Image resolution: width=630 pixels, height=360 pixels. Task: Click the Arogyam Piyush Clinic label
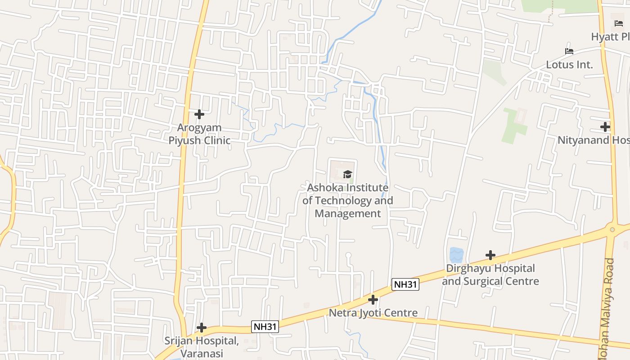pyautogui.click(x=199, y=134)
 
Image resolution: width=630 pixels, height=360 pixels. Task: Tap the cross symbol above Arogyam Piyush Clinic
pyautogui.click(x=199, y=114)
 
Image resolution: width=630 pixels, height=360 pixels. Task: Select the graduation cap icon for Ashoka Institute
pyautogui.click(x=347, y=174)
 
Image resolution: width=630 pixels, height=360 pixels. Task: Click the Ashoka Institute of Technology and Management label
pyautogui.click(x=347, y=200)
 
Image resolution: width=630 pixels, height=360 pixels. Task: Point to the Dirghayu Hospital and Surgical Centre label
pyautogui.click(x=490, y=274)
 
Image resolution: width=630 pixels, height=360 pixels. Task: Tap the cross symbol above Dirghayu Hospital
pyautogui.click(x=490, y=256)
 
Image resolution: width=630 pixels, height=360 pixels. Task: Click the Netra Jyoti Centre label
pyautogui.click(x=373, y=313)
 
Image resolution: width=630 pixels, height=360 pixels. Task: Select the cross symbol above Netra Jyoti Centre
pyautogui.click(x=373, y=299)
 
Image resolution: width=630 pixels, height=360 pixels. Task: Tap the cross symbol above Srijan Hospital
pyautogui.click(x=202, y=328)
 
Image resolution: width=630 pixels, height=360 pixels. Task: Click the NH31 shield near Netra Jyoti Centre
pyautogui.click(x=405, y=284)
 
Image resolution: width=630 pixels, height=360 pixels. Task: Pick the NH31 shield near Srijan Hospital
pyautogui.click(x=265, y=327)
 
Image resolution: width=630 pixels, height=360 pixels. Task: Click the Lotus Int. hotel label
pyautogui.click(x=569, y=64)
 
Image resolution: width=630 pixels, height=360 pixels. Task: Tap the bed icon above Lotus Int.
pyautogui.click(x=569, y=51)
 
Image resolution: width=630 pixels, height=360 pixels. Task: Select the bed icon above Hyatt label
pyautogui.click(x=619, y=23)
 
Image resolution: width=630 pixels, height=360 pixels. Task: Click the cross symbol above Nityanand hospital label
pyautogui.click(x=605, y=127)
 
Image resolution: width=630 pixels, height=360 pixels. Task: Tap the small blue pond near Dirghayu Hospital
pyautogui.click(x=456, y=255)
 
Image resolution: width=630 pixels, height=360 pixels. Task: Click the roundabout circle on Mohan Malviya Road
pyautogui.click(x=612, y=229)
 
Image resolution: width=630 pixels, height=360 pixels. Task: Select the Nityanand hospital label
pyautogui.click(x=593, y=140)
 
